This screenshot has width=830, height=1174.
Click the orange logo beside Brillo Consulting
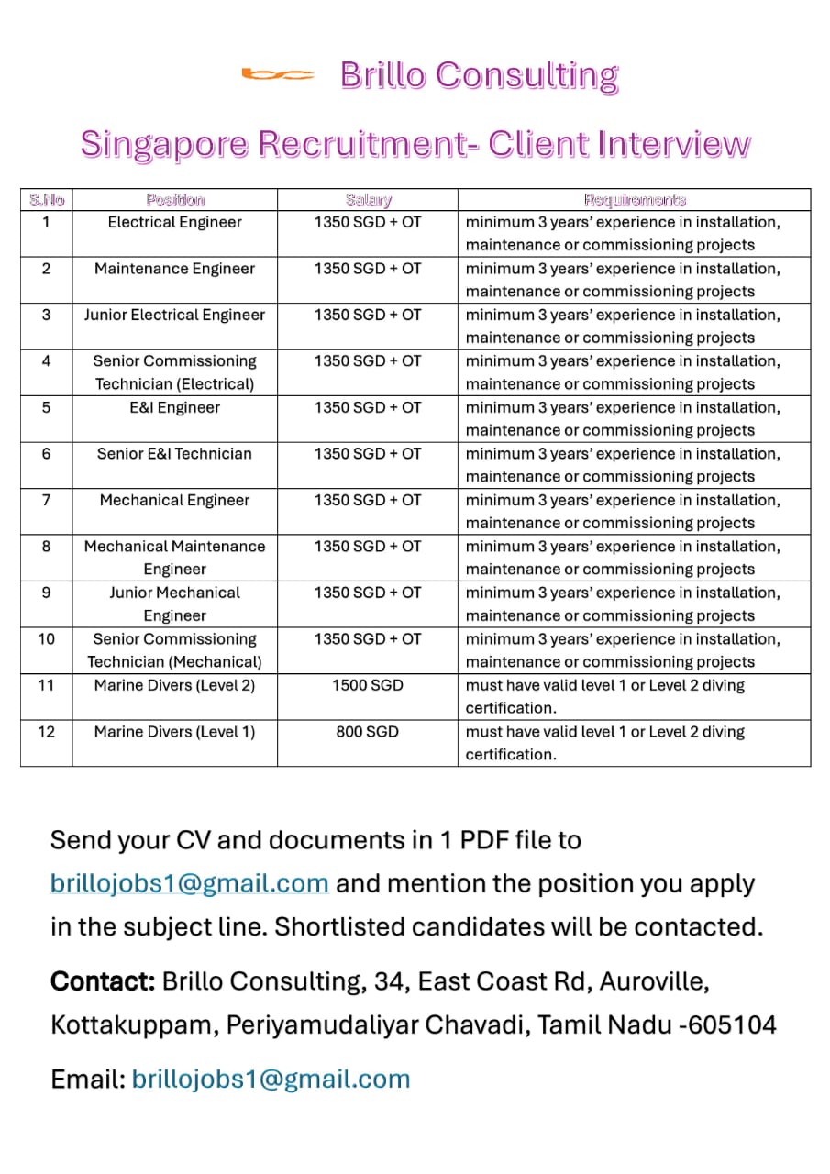click(x=278, y=75)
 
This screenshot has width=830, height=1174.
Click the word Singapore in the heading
click(x=163, y=144)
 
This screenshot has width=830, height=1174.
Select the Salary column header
click(x=368, y=199)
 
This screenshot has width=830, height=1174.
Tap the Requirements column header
click(x=635, y=199)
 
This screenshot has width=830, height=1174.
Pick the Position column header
click(x=174, y=199)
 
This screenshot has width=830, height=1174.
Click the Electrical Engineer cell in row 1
click(x=174, y=222)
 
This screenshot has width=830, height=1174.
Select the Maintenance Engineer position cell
click(x=174, y=269)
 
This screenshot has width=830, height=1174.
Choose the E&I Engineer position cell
click(x=174, y=407)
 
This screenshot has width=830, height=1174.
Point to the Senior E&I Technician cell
click(x=174, y=453)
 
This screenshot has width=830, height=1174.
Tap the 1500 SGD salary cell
click(x=368, y=685)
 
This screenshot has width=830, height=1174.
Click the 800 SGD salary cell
click(x=368, y=732)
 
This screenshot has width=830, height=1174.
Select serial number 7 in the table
click(x=46, y=500)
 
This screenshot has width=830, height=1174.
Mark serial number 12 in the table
click(x=46, y=732)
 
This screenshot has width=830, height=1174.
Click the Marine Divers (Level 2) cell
click(x=174, y=685)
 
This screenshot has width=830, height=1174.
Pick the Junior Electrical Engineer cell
click(x=174, y=315)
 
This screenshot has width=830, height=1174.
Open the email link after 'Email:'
click(x=271, y=1079)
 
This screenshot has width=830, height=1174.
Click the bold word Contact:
click(x=103, y=981)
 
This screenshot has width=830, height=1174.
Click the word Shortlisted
click(x=339, y=926)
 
